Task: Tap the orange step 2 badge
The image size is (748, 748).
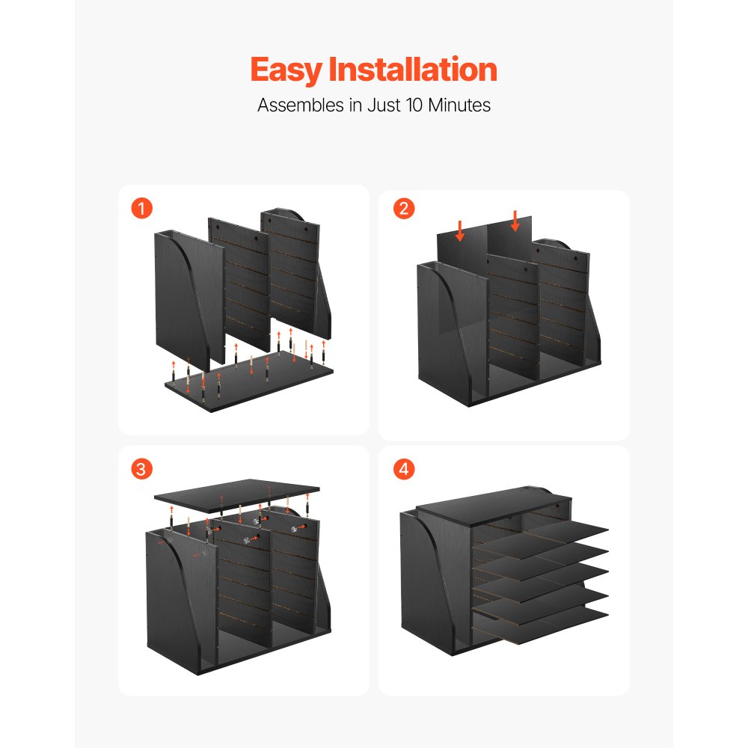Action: point(403,209)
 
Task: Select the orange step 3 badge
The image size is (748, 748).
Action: point(141,469)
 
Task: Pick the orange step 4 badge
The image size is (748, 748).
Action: point(403,469)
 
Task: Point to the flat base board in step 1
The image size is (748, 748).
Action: point(247,385)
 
